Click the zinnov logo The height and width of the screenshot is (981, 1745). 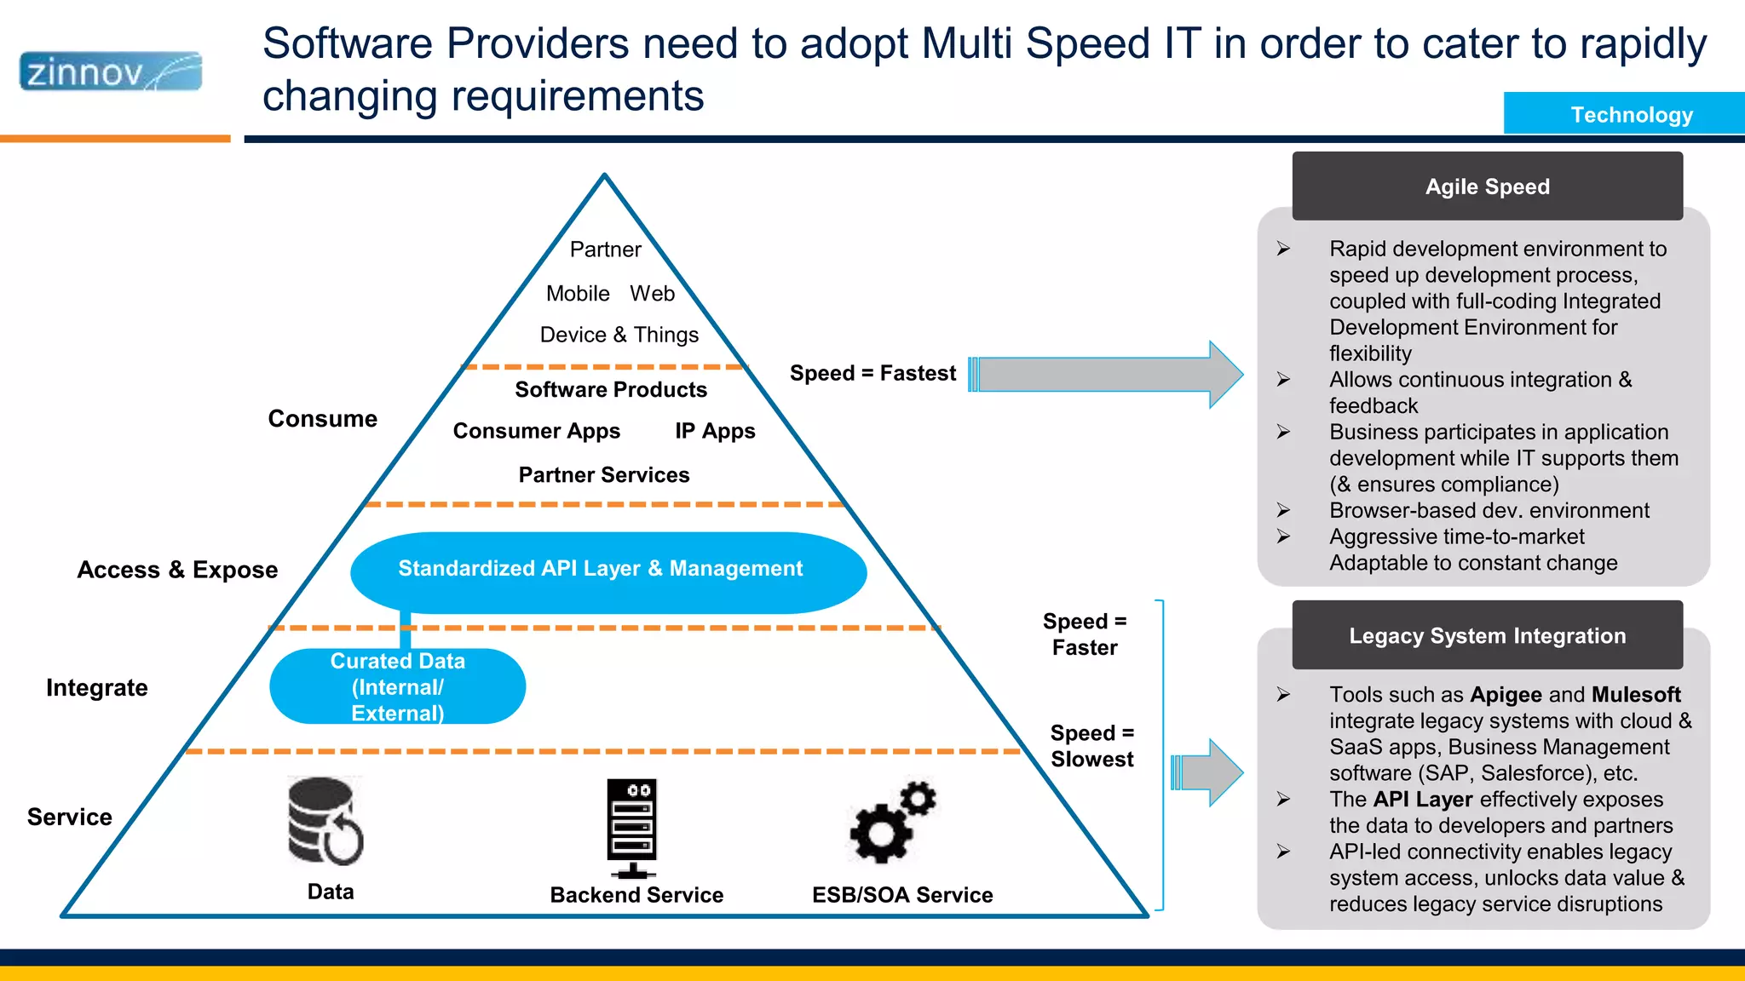111,72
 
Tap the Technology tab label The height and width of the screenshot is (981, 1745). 1631,114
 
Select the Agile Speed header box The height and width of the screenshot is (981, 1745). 1487,186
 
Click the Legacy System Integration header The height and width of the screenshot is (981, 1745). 1487,635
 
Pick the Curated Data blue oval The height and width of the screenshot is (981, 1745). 397,687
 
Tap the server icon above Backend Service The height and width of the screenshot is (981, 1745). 632,827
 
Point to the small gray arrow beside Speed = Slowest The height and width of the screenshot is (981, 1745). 1208,772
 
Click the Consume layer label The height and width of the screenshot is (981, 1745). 322,419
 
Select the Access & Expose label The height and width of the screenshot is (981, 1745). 177,570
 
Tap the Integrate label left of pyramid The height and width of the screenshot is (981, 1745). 97,688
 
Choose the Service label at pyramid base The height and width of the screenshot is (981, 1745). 70,817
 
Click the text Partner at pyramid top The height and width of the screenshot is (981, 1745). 605,250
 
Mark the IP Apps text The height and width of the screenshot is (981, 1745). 715,431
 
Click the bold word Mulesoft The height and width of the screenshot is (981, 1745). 1635,695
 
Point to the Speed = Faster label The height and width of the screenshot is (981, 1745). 1084,634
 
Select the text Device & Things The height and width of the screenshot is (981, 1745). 619,335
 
